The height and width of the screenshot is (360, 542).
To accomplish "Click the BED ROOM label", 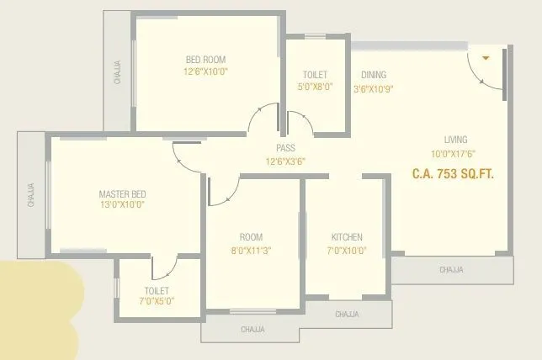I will pyautogui.click(x=206, y=60).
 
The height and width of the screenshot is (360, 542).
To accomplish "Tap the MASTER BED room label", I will pyautogui.click(x=123, y=194).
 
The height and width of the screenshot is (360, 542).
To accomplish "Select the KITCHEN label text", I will pyautogui.click(x=347, y=237).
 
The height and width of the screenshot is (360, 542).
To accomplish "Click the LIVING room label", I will pyautogui.click(x=456, y=140).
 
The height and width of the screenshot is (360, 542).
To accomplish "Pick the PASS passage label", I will pyautogui.click(x=284, y=148).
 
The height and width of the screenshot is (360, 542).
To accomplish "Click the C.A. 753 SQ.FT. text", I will pyautogui.click(x=452, y=175).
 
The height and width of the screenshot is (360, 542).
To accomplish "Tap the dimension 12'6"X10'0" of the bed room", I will pyautogui.click(x=206, y=72).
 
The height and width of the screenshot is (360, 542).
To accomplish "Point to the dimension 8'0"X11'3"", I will pyautogui.click(x=251, y=250).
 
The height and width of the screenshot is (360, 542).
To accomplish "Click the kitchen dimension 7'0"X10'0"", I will pyautogui.click(x=347, y=250).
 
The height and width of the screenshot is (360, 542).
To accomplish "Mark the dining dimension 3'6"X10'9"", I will pyautogui.click(x=374, y=88).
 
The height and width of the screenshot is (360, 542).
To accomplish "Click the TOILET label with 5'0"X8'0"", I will pyautogui.click(x=316, y=75).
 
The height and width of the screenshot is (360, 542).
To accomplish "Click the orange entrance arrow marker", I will pyautogui.click(x=486, y=58).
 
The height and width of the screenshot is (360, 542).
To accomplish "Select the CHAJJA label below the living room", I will pyautogui.click(x=452, y=270).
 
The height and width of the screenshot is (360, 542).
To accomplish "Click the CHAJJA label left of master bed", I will pyautogui.click(x=30, y=194).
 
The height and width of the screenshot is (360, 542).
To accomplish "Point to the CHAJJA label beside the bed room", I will pyautogui.click(x=117, y=71).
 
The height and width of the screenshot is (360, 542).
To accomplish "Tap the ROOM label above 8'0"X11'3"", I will pyautogui.click(x=251, y=237).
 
